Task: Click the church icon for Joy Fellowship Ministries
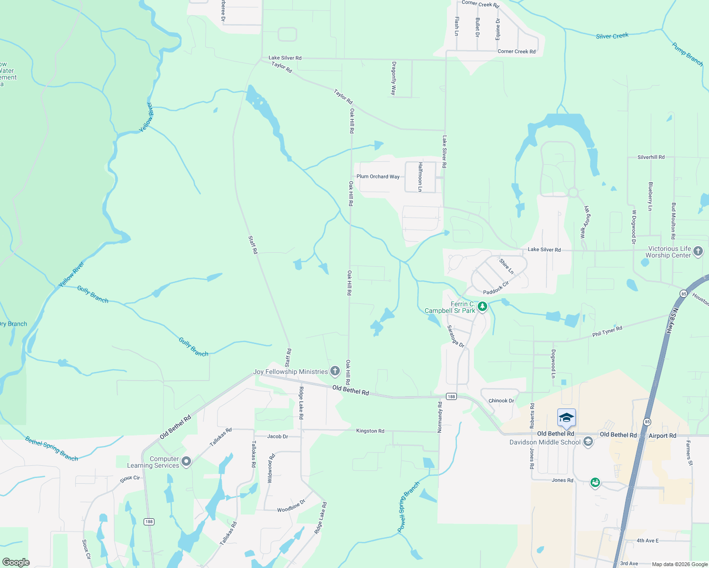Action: (335, 371)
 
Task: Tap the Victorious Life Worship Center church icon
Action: (698, 251)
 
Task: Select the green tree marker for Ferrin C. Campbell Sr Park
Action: (482, 307)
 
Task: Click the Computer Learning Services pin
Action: (186, 461)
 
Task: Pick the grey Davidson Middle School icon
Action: (588, 442)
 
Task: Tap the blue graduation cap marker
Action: (566, 418)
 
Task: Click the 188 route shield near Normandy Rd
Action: (451, 397)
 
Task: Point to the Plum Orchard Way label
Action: (378, 177)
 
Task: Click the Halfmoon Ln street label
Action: (420, 177)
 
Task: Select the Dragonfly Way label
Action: (393, 78)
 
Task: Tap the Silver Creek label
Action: (612, 36)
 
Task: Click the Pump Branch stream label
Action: (687, 54)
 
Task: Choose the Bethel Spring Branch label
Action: (51, 449)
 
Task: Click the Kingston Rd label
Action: (370, 431)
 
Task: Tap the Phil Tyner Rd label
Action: (607, 331)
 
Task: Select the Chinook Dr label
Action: (501, 400)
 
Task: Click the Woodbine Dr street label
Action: (291, 506)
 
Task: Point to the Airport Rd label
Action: (662, 435)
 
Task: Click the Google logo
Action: (16, 562)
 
